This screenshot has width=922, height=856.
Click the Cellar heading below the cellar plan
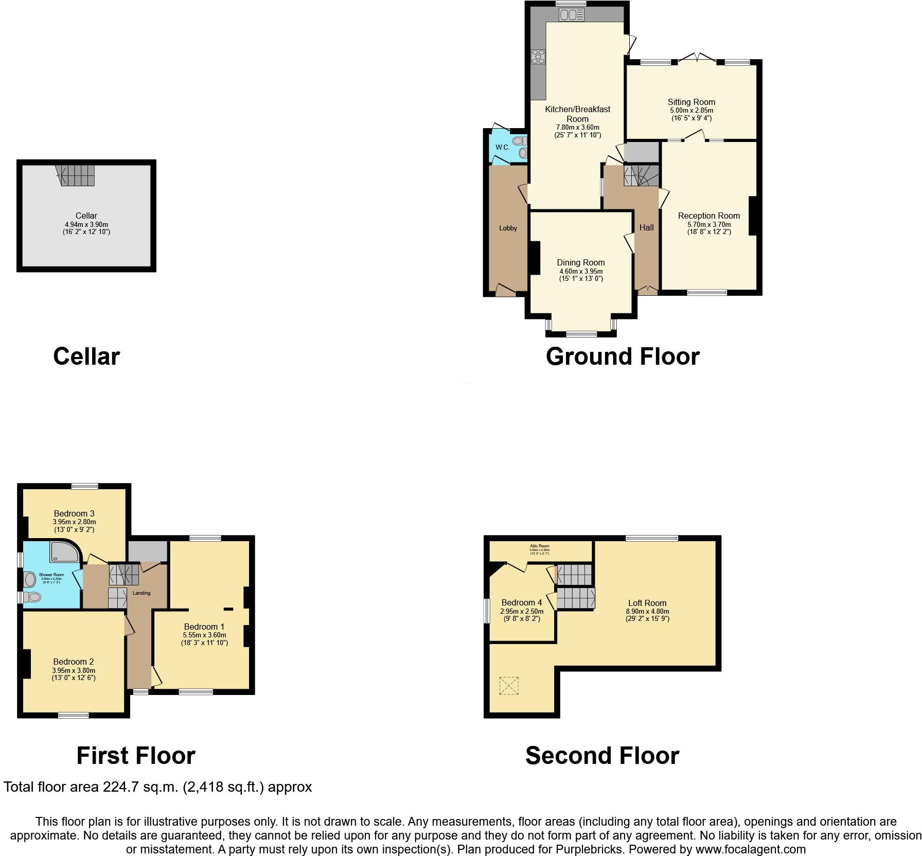coord(86,356)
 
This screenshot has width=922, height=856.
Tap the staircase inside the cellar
coord(76,175)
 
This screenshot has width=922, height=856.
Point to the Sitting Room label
coord(691,102)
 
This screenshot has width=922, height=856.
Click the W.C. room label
coord(502,147)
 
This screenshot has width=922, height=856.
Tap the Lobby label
coord(508,228)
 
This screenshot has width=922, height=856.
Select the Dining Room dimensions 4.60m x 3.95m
coord(581,271)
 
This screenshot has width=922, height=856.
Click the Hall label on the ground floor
coord(646,227)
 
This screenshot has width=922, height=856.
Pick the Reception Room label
coord(708,216)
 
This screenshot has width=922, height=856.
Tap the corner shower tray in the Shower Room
coord(65,551)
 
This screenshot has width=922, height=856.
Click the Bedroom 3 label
coord(74,513)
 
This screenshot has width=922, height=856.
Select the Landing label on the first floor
coord(141,593)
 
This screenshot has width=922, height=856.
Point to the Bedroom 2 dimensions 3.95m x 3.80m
coord(74,670)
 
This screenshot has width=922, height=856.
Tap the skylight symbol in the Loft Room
coord(509,686)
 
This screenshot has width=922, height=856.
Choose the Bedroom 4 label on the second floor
coord(521,602)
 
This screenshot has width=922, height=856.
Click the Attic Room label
coord(540,546)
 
